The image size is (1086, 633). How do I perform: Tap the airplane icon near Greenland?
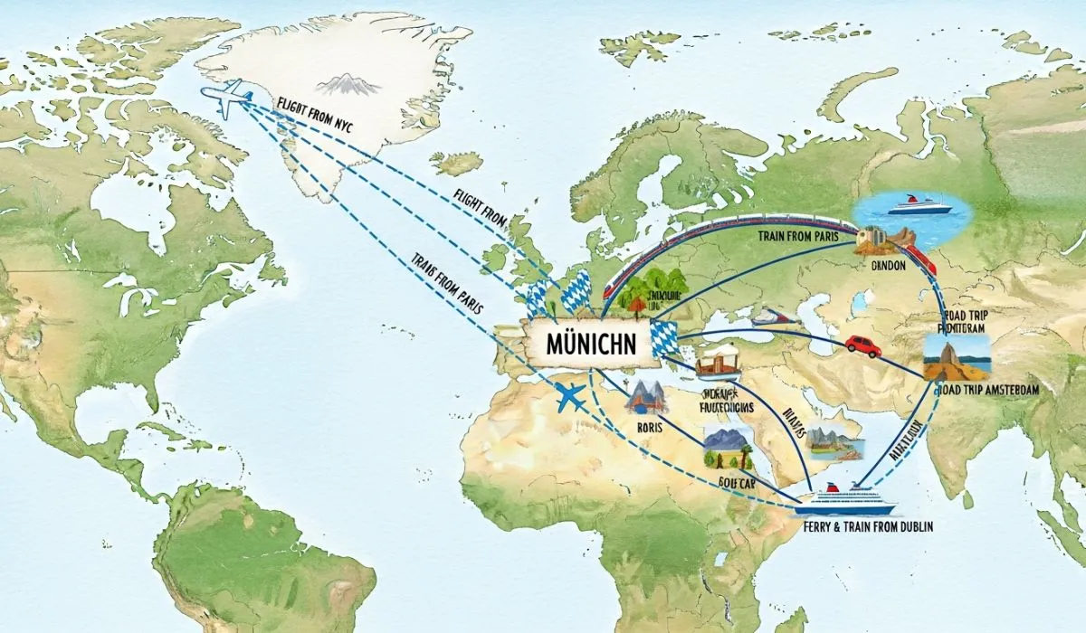tap(226, 98)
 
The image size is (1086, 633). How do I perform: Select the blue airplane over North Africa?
tap(571, 397)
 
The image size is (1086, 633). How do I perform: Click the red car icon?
tap(863, 346)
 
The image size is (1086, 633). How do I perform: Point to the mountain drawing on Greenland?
tap(348, 85)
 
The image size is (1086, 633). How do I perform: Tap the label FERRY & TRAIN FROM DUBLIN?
tap(867, 525)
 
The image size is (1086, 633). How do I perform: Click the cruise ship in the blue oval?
tap(919, 206)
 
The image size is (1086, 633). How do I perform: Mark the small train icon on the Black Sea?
tap(770, 316)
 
